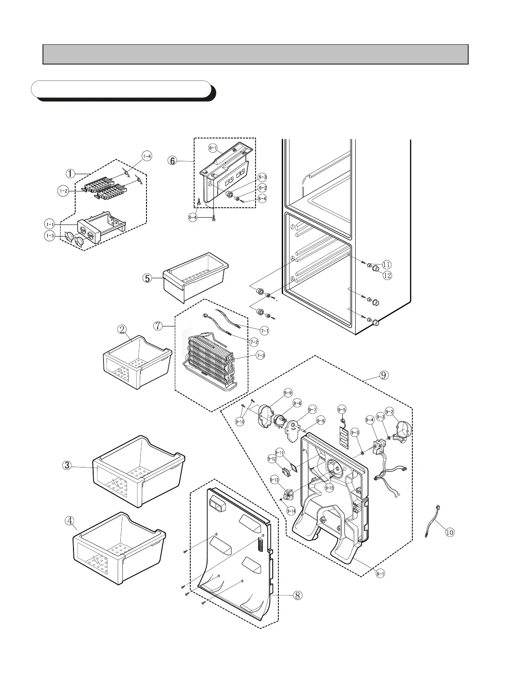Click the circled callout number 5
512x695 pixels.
(x=147, y=278)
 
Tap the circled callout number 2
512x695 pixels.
(x=122, y=329)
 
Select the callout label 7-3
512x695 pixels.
(x=261, y=355)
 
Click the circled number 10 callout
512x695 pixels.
(x=450, y=532)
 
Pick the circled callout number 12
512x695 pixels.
(x=387, y=275)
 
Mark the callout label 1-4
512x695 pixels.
(x=147, y=156)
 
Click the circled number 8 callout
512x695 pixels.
(x=297, y=596)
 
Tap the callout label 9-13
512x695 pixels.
(x=274, y=480)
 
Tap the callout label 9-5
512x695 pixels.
(x=342, y=410)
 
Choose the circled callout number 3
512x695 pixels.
(x=67, y=465)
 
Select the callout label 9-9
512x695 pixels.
(x=288, y=392)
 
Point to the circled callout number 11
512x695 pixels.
(x=387, y=264)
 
